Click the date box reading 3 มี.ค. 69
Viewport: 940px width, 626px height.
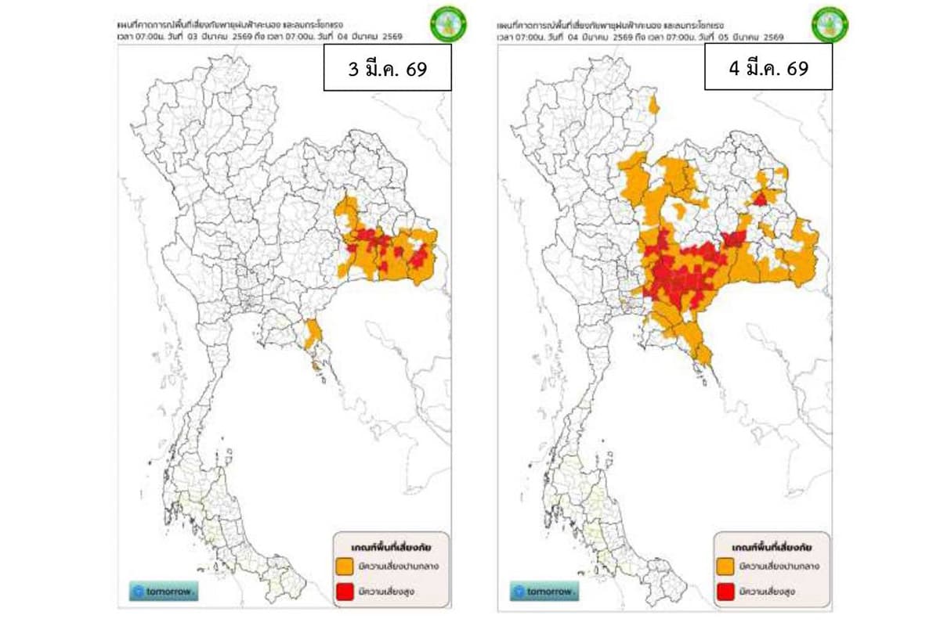pyautogui.click(x=387, y=68)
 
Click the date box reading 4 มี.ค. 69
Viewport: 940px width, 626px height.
pyautogui.click(x=768, y=67)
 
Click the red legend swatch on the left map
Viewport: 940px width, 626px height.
pyautogui.click(x=345, y=591)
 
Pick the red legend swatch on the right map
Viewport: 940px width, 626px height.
pyautogui.click(x=726, y=591)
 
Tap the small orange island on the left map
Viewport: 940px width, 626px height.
pyautogui.click(x=315, y=362)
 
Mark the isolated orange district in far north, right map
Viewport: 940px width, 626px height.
pyautogui.click(x=653, y=105)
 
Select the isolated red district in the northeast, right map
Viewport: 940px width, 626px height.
pyautogui.click(x=759, y=198)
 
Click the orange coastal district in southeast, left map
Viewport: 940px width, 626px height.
pyautogui.click(x=313, y=334)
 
